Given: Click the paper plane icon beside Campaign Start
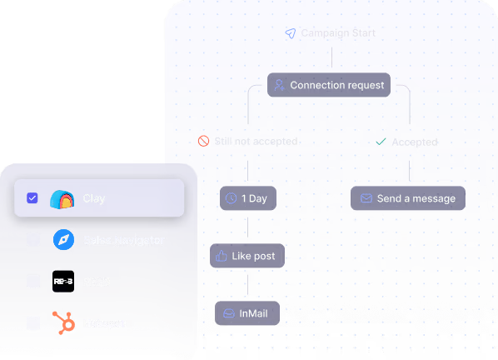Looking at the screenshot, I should [x=290, y=33].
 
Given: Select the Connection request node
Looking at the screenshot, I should [x=329, y=85].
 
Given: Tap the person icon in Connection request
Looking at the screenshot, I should [x=280, y=85].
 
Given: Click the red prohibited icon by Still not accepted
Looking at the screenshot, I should [x=203, y=142].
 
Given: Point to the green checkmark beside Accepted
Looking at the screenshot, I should [x=381, y=142].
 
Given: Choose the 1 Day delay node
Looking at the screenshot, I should [x=248, y=198].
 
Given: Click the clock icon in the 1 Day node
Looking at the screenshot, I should [x=231, y=198].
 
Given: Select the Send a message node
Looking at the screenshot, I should [x=407, y=198].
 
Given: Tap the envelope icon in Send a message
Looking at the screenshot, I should [x=366, y=198].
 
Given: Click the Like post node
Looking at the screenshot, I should [x=247, y=256].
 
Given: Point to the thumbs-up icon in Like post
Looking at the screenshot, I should [x=222, y=256].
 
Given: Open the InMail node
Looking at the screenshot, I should [x=247, y=313].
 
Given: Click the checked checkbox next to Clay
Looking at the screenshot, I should [x=32, y=198].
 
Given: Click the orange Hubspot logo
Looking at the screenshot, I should [x=63, y=322].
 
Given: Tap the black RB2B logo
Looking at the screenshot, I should [x=63, y=282].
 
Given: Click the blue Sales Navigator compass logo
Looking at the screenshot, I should [x=63, y=240].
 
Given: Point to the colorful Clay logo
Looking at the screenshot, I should [x=62, y=199].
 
